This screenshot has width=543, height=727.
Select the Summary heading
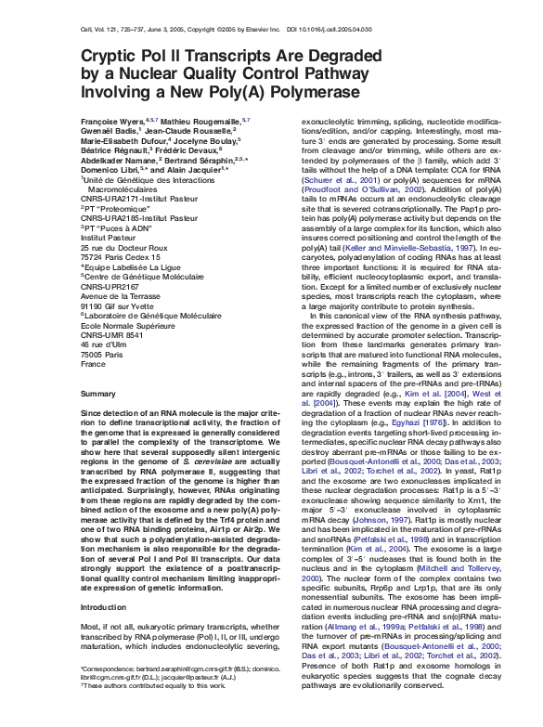coord(98,394)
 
